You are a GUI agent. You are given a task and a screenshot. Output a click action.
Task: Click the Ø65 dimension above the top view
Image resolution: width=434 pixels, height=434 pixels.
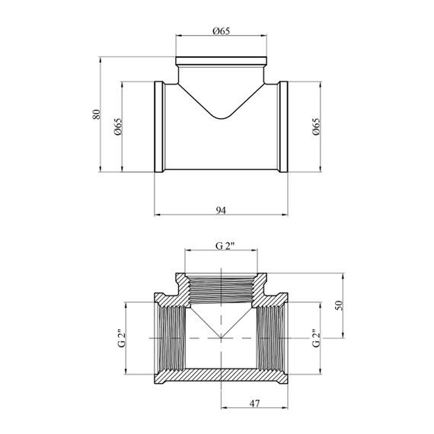click(x=221, y=31)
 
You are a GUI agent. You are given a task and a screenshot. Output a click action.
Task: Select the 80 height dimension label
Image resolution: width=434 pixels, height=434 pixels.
click(x=96, y=114)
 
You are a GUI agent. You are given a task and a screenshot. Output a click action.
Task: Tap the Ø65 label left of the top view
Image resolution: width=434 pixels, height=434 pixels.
click(x=118, y=126)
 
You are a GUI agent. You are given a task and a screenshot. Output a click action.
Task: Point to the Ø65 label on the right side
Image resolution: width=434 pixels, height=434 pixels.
click(x=316, y=126)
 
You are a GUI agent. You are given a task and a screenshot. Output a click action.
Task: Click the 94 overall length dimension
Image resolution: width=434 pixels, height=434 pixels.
click(x=221, y=210)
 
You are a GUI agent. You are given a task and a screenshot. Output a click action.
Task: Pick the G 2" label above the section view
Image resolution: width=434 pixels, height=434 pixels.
click(x=225, y=246)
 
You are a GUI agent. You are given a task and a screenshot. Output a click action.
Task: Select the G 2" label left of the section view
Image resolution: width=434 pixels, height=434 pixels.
click(x=122, y=338)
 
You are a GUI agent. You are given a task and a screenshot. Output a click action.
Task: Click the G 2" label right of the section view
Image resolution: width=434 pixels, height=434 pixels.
click(x=316, y=338)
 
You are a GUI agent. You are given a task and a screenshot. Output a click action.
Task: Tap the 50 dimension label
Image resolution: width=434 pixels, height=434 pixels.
click(x=339, y=305)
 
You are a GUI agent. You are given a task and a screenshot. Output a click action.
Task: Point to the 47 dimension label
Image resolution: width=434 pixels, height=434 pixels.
click(x=254, y=404)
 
